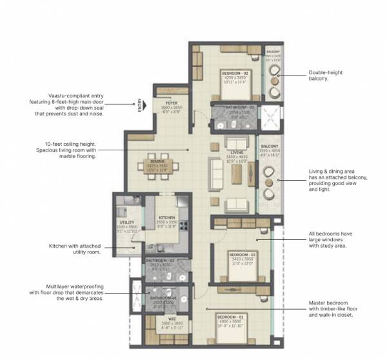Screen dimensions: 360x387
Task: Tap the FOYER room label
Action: coord(172,102)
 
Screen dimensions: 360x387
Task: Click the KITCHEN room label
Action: coord(166,218)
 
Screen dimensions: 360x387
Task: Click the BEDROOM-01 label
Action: coord(230,318)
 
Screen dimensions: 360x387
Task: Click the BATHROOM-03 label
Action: coord(158,261)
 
